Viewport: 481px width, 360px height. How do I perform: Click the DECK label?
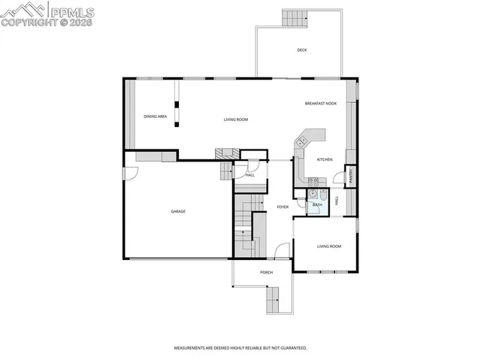(301, 50)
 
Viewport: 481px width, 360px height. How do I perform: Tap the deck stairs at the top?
(295, 18)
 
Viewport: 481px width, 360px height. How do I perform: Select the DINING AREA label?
(155, 117)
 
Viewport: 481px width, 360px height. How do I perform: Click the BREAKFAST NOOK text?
(320, 104)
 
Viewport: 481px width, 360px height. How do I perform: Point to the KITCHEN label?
(325, 159)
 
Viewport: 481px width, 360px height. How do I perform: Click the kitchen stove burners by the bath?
(313, 180)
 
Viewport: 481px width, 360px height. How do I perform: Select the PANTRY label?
(351, 176)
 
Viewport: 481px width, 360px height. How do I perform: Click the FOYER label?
(283, 207)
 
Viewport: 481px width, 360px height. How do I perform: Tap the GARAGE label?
(178, 211)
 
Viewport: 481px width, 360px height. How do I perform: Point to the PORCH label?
(266, 272)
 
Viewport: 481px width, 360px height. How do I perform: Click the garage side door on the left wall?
(130, 172)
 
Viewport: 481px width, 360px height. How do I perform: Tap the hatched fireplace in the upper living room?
(224, 153)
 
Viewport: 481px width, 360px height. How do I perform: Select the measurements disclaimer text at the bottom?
(240, 348)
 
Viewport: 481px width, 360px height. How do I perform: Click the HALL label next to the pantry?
(337, 201)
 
